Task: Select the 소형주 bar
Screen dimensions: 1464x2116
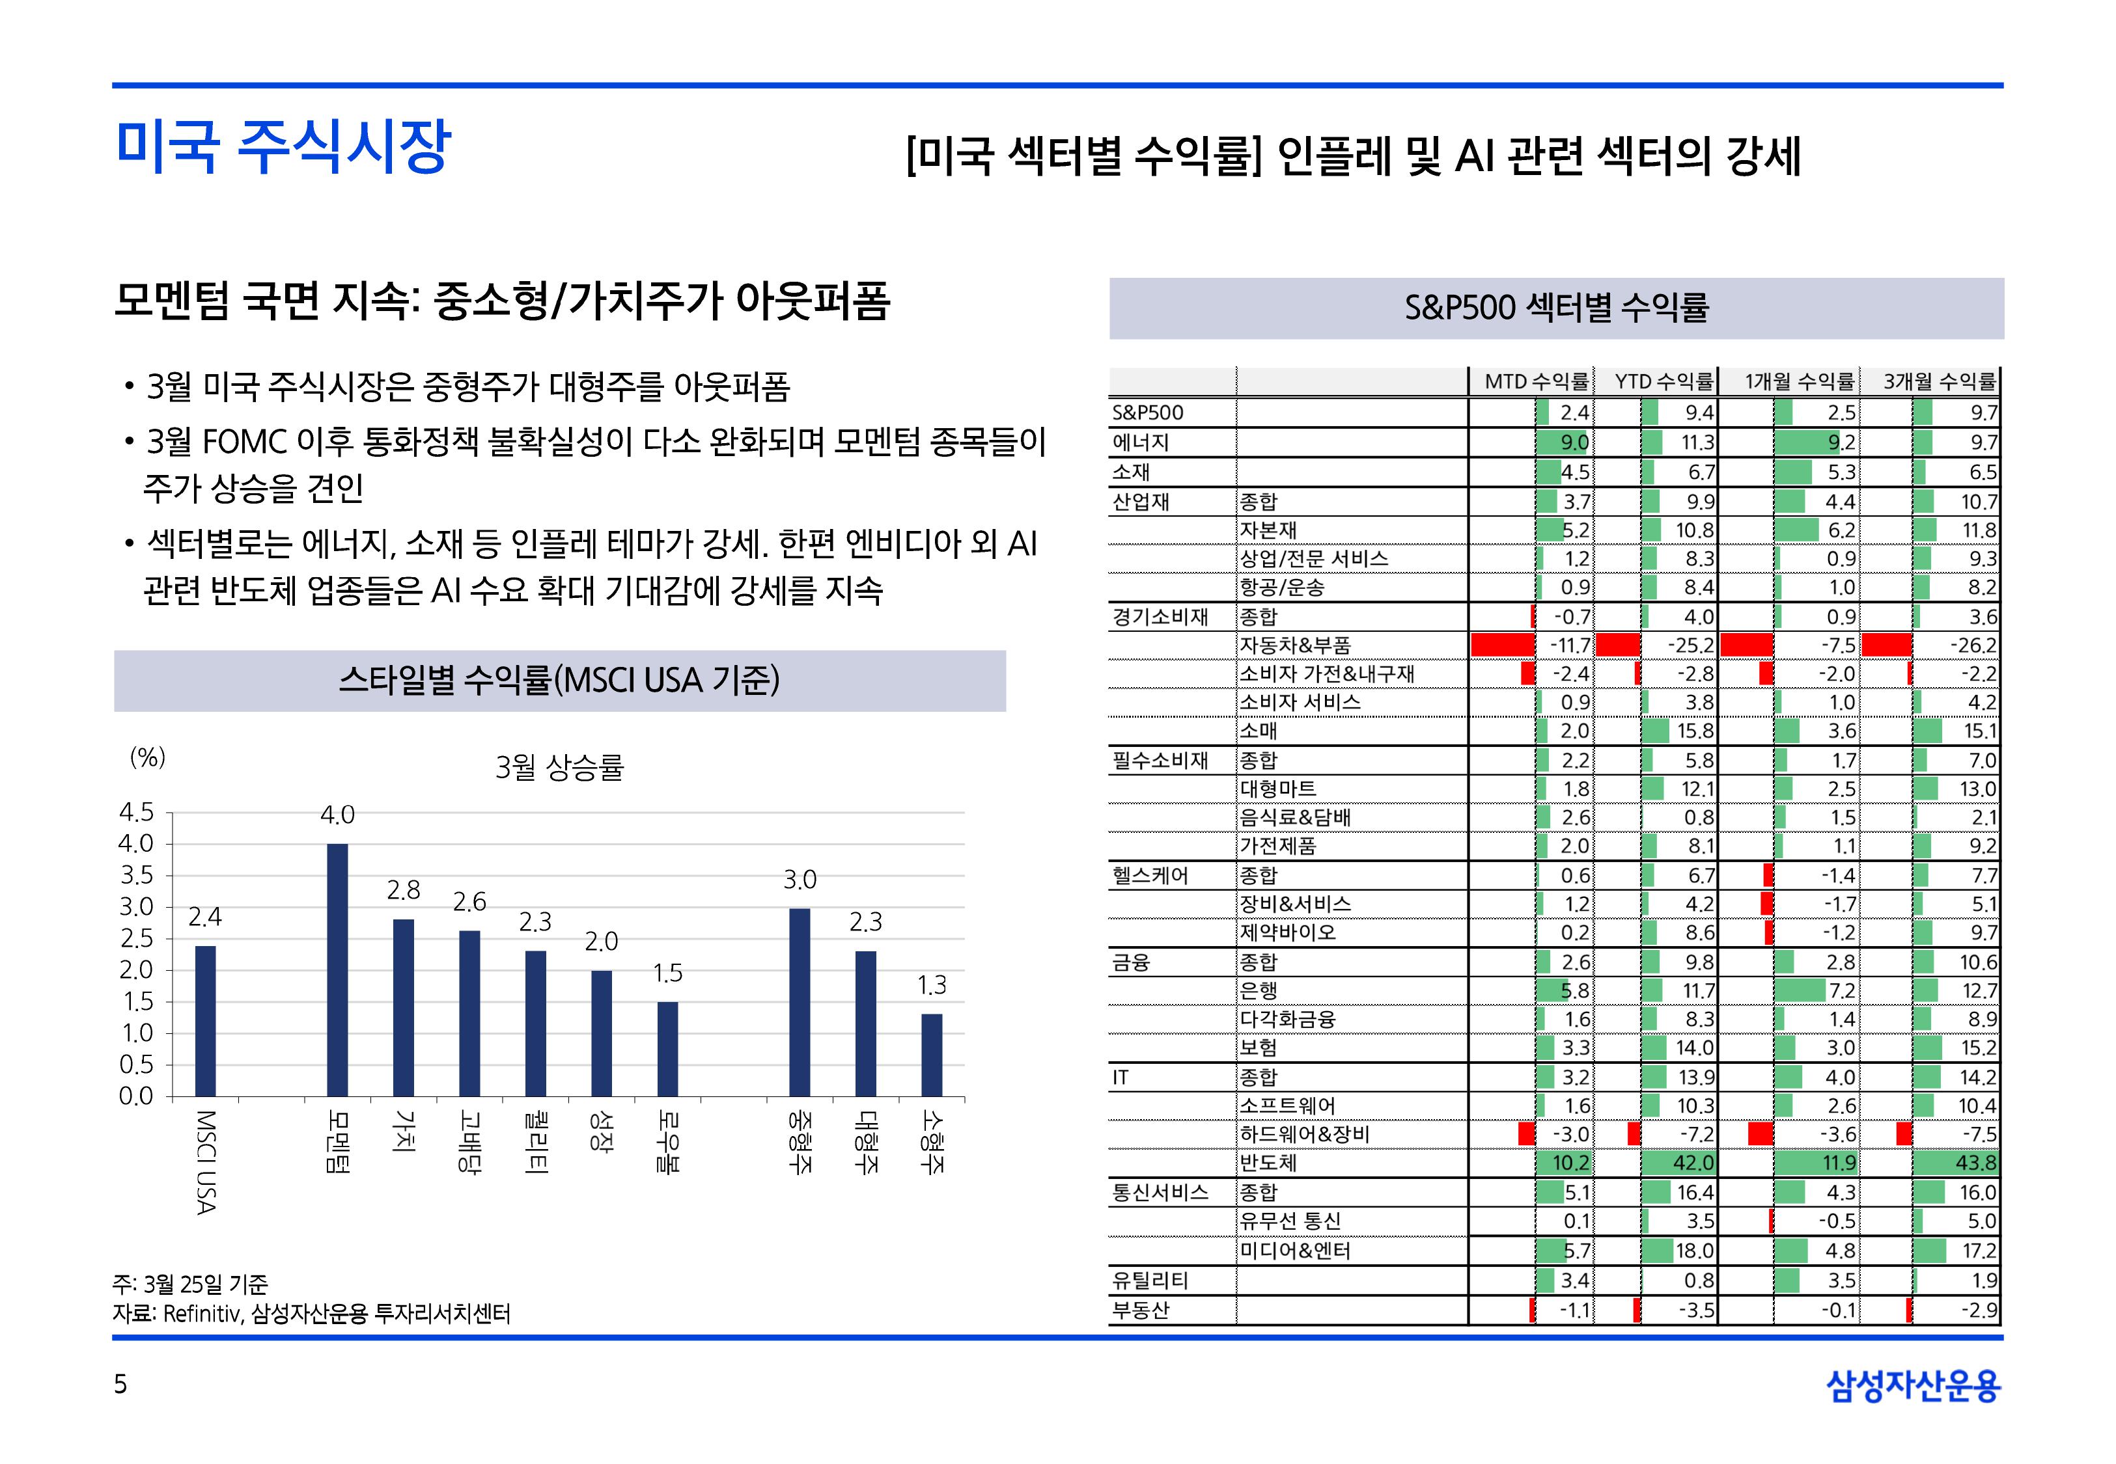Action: [932, 1054]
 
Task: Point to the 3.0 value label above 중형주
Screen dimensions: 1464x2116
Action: [800, 880]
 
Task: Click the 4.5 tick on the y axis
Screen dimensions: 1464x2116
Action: [137, 813]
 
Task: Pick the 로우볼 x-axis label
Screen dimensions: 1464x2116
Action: [667, 1142]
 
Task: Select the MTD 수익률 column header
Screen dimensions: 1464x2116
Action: [1536, 381]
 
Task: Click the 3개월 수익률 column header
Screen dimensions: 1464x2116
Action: [1939, 381]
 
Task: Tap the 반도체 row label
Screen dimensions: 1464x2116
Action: [1268, 1163]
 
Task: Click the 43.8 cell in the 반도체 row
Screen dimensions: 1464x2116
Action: [1977, 1163]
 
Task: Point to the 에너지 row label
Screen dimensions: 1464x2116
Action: [1141, 442]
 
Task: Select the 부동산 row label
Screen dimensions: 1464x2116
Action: [1141, 1310]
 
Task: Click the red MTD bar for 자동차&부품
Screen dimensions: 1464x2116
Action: [1503, 645]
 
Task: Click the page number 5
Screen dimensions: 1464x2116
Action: [120, 1384]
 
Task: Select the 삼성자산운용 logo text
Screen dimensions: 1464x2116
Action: [1914, 1386]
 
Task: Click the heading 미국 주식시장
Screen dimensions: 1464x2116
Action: [283, 147]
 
